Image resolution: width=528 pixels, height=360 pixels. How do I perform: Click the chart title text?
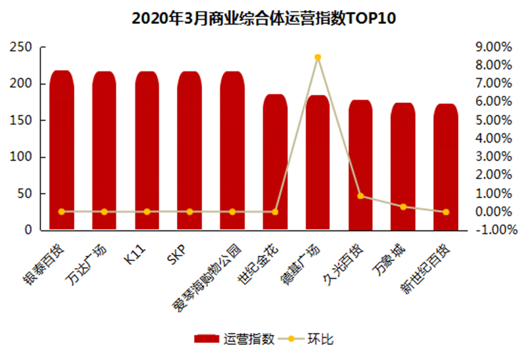coord(263,18)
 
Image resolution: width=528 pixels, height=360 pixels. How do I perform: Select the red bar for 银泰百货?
coord(61,152)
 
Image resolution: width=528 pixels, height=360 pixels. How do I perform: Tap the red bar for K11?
coord(147,152)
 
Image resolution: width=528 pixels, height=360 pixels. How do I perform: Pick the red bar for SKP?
coord(189,152)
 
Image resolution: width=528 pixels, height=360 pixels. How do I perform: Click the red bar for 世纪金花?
coord(275,165)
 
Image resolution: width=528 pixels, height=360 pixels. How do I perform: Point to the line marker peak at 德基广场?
coord(317,57)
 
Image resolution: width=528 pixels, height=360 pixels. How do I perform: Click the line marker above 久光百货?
coord(360,196)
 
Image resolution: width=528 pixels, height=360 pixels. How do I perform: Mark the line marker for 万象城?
coord(403,207)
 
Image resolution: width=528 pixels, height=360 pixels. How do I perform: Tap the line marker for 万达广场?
coord(104,212)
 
